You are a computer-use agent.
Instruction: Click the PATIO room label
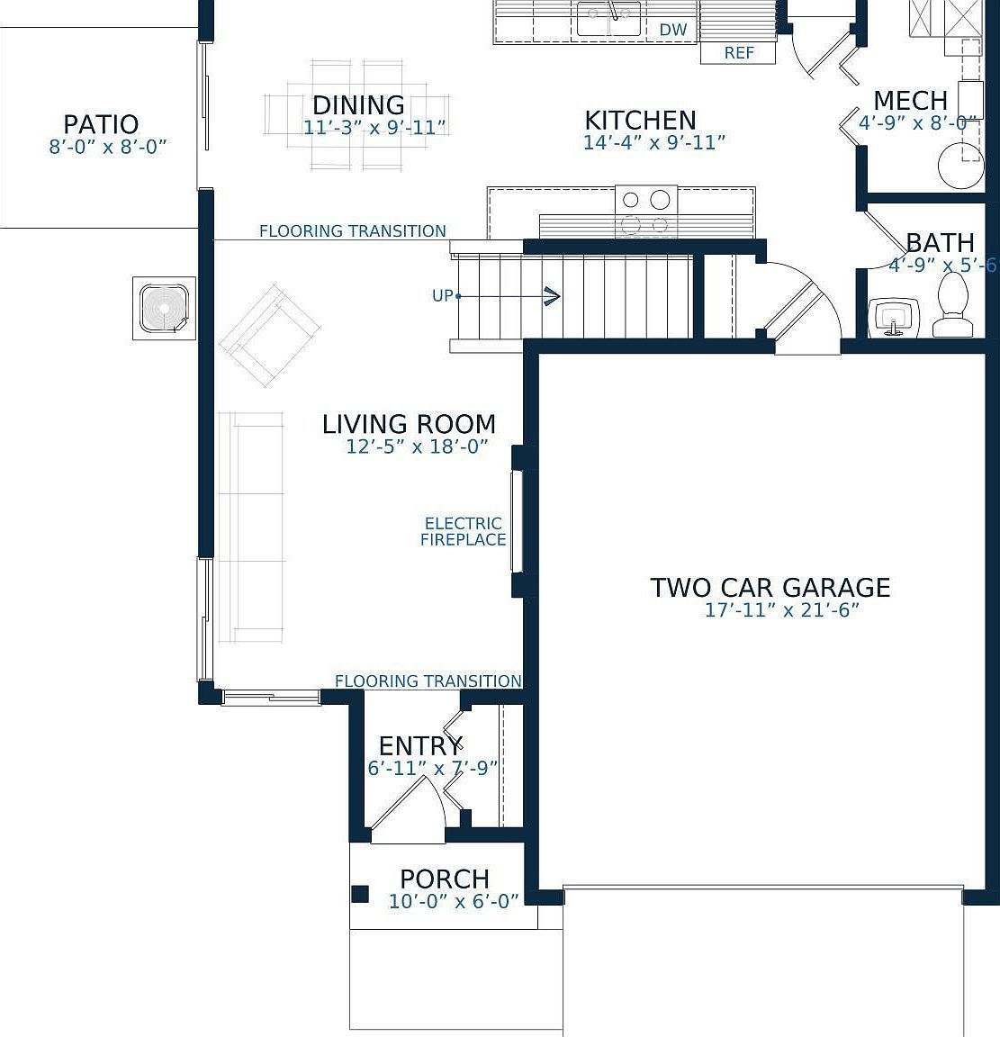(x=101, y=124)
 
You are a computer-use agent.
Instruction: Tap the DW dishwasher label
(x=673, y=30)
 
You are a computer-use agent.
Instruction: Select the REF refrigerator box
(x=739, y=53)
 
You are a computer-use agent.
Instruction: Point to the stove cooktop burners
(x=646, y=212)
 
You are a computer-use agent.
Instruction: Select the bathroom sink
(x=893, y=318)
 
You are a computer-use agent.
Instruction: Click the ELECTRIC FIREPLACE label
(x=464, y=531)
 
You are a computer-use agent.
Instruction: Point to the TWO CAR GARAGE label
(x=770, y=588)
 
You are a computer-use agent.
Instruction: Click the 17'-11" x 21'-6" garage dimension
(x=781, y=610)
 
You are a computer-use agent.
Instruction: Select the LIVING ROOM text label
(x=409, y=424)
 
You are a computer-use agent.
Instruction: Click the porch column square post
(x=359, y=894)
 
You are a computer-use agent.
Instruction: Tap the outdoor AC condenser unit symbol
(x=165, y=309)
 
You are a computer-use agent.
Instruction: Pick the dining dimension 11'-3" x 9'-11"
(x=374, y=128)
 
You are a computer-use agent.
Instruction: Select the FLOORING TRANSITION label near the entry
(x=428, y=681)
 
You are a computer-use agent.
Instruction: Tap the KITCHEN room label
(x=640, y=120)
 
